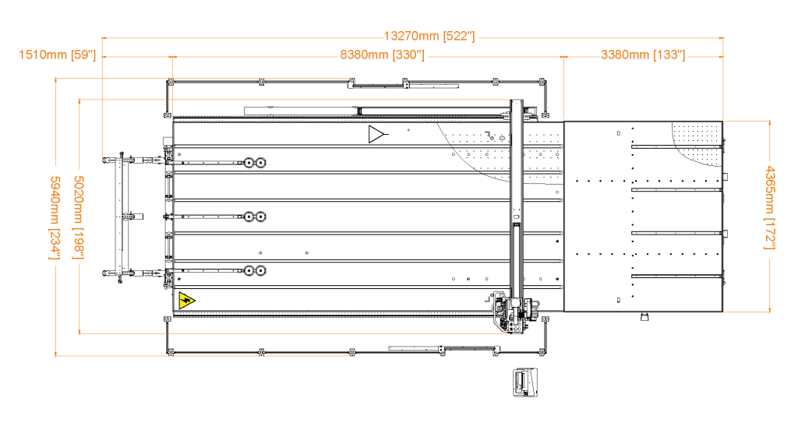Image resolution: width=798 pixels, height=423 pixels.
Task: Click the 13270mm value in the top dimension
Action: coord(411,36)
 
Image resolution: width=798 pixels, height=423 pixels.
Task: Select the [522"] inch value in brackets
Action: coord(458,36)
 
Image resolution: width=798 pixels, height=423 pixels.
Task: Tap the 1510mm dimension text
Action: coord(42,55)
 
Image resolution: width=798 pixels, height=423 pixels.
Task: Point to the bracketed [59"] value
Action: coord(83,55)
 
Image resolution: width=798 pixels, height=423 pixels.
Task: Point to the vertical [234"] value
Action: coord(55,243)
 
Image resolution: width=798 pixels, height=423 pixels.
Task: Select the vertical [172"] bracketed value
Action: coord(769,233)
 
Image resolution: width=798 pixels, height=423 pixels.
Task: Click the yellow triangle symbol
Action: coord(185,301)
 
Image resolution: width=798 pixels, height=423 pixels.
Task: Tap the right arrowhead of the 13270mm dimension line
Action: coord(722,37)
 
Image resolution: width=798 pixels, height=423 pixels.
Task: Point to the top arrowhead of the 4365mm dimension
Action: coord(769,122)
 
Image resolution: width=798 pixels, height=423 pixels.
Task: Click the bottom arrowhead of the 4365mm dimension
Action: coord(769,310)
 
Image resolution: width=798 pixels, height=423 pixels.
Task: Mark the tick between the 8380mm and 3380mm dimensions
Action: coord(564,57)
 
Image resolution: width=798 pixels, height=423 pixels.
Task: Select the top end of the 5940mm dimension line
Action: coord(56,79)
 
